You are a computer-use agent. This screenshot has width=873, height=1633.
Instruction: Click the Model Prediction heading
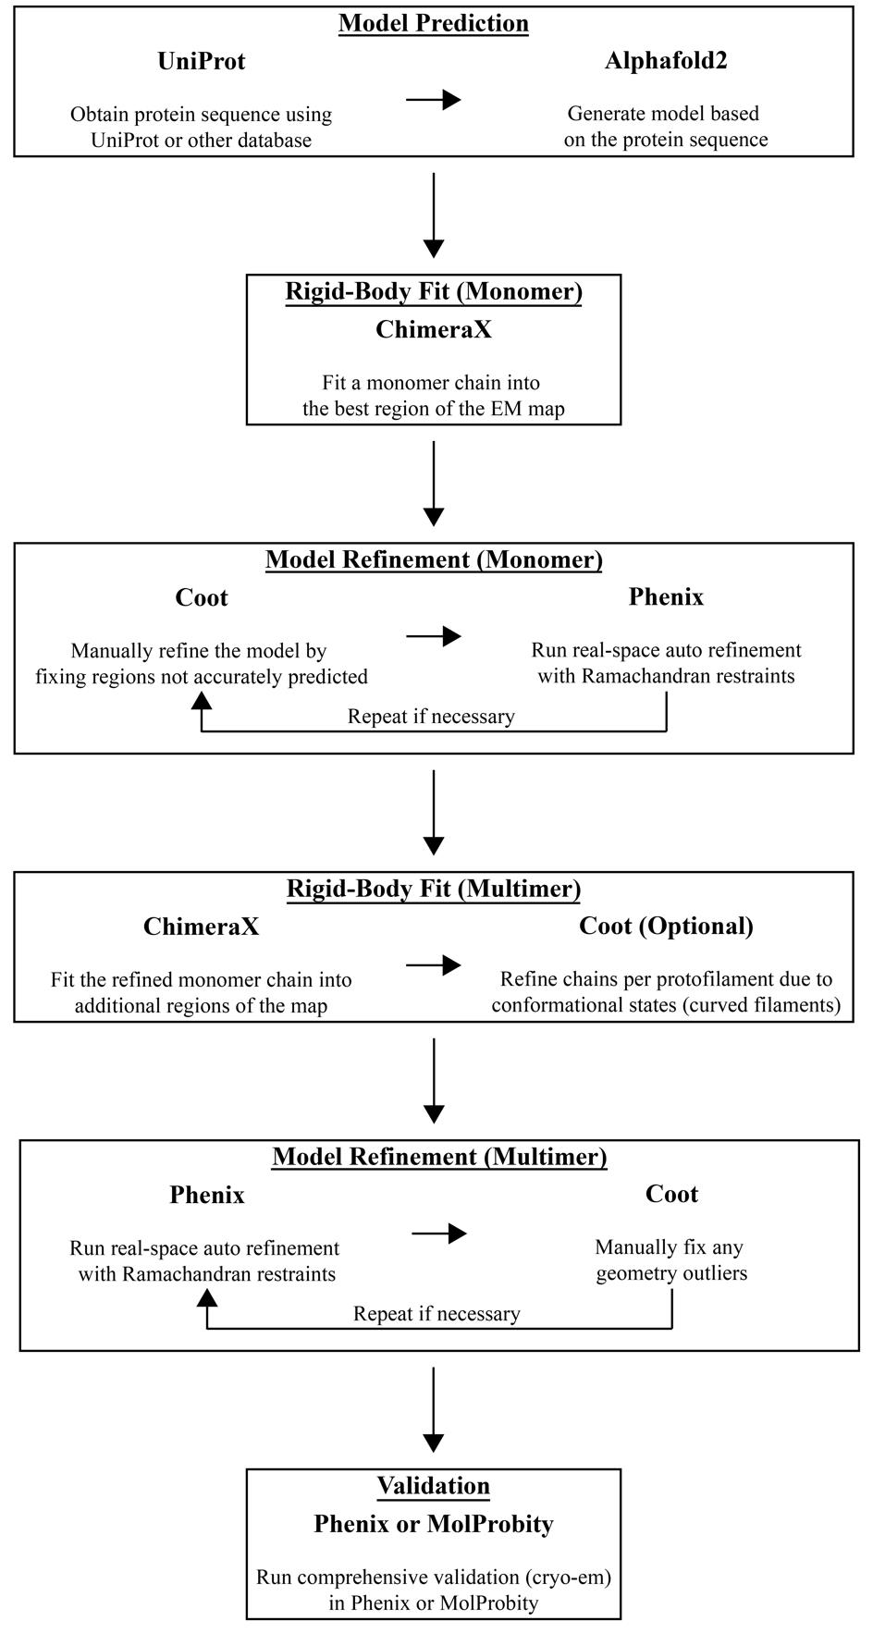[434, 23]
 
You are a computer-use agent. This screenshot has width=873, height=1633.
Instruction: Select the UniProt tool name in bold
[202, 61]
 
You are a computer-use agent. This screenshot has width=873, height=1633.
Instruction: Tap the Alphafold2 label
[666, 61]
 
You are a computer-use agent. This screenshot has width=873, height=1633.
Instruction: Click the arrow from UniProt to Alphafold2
[434, 99]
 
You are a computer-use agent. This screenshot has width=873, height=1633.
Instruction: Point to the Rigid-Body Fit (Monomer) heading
[434, 291]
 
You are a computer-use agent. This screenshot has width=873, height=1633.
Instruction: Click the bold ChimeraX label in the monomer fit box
[434, 329]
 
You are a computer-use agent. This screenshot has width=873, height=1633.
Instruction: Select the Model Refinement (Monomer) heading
[434, 559]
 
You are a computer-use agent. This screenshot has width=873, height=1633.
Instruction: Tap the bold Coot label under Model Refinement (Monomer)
[202, 597]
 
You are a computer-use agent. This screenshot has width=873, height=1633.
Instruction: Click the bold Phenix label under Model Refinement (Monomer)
[666, 597]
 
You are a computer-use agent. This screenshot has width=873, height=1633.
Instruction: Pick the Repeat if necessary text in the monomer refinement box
[431, 717]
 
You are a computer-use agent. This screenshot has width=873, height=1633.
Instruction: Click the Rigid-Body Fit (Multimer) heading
[434, 889]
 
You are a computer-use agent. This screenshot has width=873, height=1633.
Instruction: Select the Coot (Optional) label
[666, 927]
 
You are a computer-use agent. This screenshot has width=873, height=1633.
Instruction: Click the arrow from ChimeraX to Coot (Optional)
[434, 965]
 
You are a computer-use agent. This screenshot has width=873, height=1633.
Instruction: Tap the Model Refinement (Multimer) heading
[439, 1157]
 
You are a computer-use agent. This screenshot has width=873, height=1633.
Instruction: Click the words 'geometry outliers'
[671, 1274]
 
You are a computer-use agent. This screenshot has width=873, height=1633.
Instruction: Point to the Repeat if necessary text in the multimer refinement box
[436, 1314]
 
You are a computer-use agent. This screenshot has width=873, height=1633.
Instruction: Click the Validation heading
[434, 1486]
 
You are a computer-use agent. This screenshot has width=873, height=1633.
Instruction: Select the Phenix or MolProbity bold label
[434, 1524]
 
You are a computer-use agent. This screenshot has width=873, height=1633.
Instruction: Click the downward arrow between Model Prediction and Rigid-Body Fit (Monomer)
[434, 215]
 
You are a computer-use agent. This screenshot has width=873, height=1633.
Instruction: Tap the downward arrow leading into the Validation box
[434, 1409]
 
